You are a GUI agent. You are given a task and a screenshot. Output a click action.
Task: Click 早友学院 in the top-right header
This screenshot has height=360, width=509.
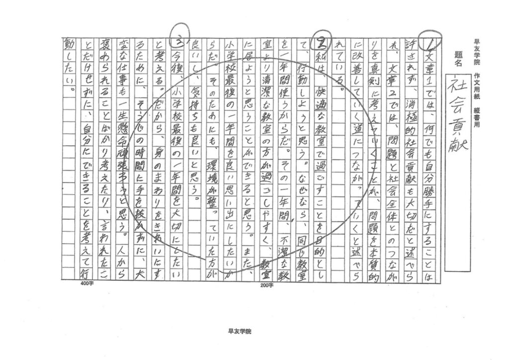pos(476,52)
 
